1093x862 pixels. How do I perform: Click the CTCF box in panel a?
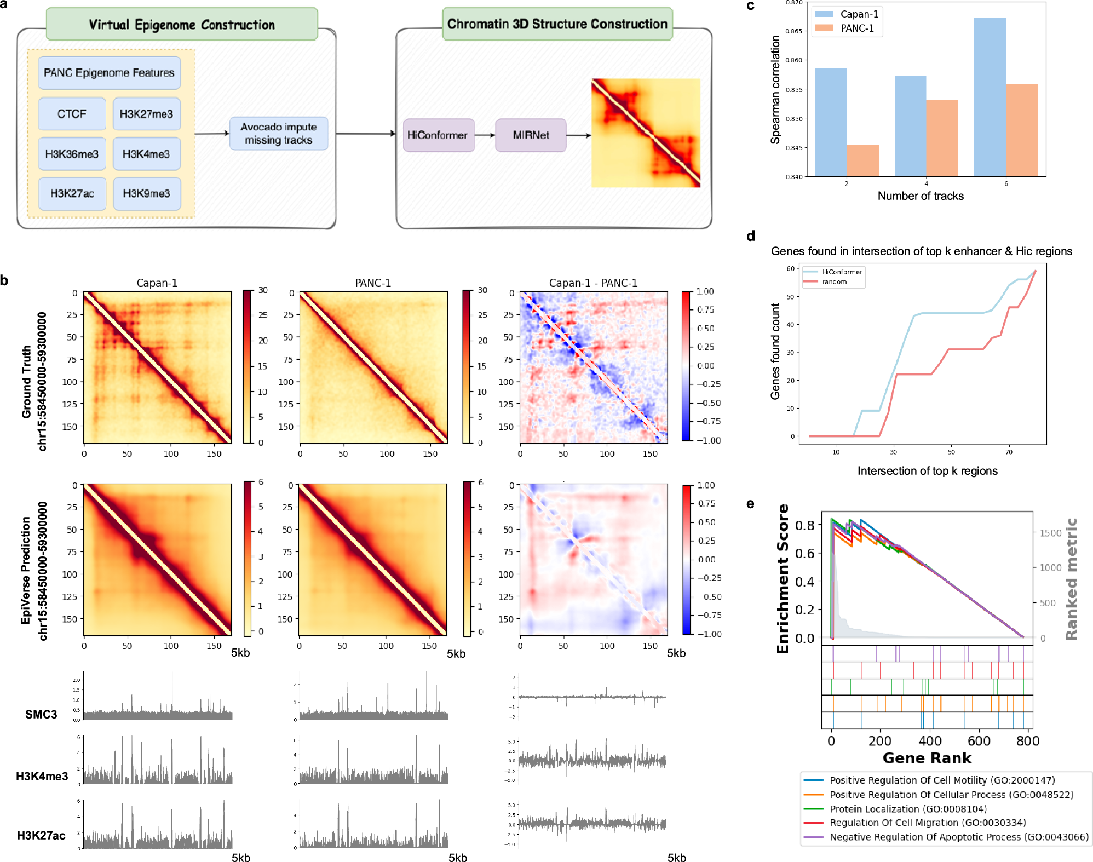tap(72, 114)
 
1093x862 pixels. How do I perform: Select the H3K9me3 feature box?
tap(146, 193)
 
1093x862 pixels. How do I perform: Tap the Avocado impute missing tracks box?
tap(278, 134)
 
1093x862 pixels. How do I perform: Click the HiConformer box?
tap(438, 135)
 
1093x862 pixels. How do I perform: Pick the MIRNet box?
tap(530, 135)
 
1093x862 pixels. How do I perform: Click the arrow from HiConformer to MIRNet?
tap(485, 135)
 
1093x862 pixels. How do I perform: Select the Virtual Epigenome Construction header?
tap(182, 24)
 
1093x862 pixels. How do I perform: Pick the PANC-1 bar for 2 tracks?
tap(862, 160)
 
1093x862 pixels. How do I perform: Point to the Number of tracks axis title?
tap(920, 196)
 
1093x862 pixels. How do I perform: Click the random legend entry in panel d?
tap(834, 282)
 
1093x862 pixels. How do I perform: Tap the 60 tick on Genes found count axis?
tap(790, 268)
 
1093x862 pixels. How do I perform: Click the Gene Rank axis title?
tap(927, 758)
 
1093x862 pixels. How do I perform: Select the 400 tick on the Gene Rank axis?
tap(930, 741)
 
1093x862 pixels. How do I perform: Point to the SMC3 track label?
tap(41, 714)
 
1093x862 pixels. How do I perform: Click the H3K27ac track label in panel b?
tap(41, 835)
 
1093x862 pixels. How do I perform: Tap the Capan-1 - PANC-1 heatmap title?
tap(592, 283)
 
